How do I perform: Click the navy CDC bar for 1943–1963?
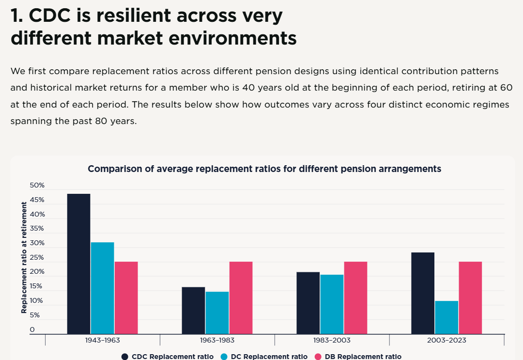tap(79, 264)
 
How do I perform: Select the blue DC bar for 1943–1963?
tap(102, 288)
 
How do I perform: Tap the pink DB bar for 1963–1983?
tap(241, 297)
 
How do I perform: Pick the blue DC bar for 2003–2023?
tap(446, 317)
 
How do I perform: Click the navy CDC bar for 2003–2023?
tap(423, 293)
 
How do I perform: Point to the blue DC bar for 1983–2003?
tap(332, 304)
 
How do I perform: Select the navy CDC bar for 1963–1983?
tap(193, 310)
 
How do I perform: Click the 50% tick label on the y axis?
tap(37, 185)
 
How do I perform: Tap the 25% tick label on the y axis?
tap(37, 257)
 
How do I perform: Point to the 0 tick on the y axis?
tap(32, 329)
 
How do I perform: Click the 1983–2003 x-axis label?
tap(332, 340)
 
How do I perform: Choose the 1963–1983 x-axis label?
tap(217, 340)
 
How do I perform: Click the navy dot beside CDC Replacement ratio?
tap(125, 357)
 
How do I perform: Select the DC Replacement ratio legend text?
tap(269, 357)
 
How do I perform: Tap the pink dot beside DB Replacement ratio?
tap(318, 357)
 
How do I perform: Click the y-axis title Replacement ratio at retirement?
tap(24, 258)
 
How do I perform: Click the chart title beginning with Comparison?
tap(264, 169)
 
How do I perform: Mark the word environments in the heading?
tap(232, 38)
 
